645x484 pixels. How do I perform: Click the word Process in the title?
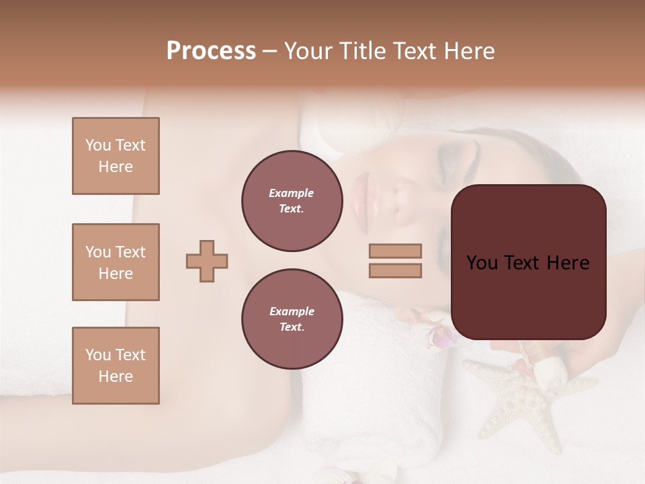[x=211, y=51]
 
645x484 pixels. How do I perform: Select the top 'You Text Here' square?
[x=116, y=156]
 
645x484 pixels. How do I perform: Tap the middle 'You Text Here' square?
[x=116, y=262]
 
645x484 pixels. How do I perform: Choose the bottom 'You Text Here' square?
[x=116, y=366]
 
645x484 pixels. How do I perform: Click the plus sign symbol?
[x=207, y=261]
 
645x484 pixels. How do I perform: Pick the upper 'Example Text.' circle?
[x=292, y=200]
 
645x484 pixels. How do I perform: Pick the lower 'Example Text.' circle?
[x=292, y=319]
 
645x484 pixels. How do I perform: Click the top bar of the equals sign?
[x=396, y=251]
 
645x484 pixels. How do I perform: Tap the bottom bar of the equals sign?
[x=396, y=270]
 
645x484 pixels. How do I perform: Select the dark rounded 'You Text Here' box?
[x=528, y=262]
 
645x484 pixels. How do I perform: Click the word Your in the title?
[x=309, y=51]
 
